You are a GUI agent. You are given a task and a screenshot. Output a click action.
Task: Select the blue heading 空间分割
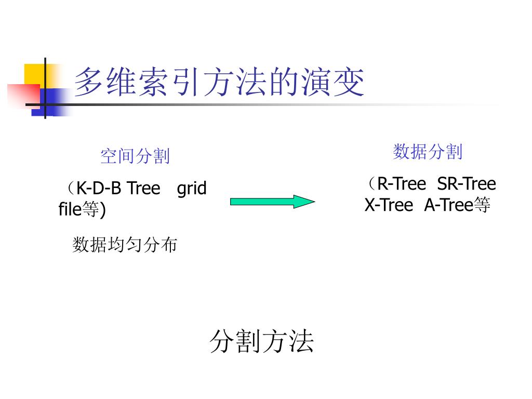coord(135,155)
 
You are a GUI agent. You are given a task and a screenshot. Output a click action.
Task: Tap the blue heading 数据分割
coord(428,152)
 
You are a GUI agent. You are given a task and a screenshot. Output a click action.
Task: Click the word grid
coord(192,188)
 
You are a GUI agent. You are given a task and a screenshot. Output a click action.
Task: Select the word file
coord(70,210)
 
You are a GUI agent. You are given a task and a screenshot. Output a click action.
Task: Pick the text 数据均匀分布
coord(125,245)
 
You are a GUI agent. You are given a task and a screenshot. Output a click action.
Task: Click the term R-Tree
coord(401,184)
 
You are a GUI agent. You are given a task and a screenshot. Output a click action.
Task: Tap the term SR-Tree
coord(467,184)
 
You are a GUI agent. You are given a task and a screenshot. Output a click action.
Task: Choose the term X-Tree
coord(389,206)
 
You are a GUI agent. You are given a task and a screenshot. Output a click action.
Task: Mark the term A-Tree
coord(447,206)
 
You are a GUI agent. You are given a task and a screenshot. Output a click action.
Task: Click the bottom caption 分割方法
coord(262,342)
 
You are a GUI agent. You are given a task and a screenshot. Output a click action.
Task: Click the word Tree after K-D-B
coord(143,188)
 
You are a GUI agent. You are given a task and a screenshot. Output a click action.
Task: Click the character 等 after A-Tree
coord(482,206)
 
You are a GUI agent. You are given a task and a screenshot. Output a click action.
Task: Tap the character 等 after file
coord(90,210)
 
